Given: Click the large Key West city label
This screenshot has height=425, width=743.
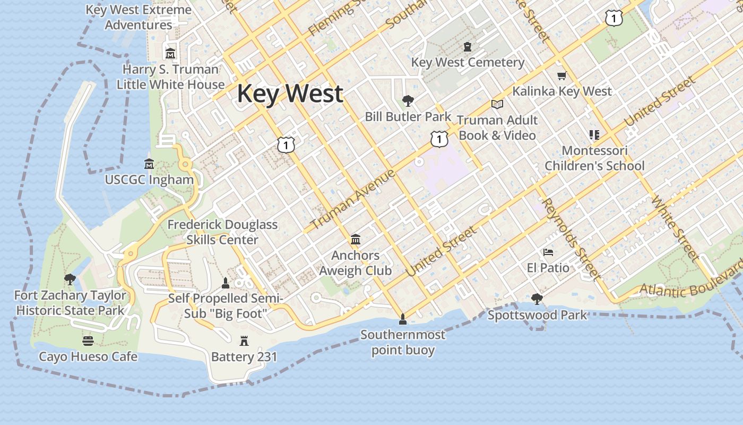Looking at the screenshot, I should tap(290, 94).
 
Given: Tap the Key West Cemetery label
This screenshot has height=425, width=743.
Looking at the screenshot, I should tap(468, 63).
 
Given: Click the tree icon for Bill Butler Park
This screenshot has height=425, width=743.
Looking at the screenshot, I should tap(408, 101).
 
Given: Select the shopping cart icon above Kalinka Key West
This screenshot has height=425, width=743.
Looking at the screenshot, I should tap(561, 76).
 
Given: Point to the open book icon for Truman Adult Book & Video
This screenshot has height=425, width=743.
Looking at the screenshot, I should tap(497, 105).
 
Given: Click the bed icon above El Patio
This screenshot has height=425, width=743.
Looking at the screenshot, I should tap(548, 252).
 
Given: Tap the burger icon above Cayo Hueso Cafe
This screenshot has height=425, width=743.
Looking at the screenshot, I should tap(88, 341).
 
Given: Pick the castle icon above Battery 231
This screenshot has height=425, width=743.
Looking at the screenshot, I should tap(244, 341).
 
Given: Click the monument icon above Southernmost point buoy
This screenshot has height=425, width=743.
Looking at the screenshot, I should tap(402, 319).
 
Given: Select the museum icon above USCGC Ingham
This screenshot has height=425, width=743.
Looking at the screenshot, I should tap(149, 164).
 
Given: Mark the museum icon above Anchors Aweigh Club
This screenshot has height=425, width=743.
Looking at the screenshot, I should tap(356, 239).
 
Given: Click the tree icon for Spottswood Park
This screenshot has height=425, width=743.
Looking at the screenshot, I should tap(537, 299).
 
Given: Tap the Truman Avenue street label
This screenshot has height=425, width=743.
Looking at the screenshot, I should tap(353, 199).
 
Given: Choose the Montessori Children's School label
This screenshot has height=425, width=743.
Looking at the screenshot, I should tap(594, 158).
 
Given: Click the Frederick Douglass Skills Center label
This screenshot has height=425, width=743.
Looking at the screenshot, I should tap(222, 232).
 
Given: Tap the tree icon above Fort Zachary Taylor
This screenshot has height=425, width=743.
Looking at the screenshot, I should tap(70, 279).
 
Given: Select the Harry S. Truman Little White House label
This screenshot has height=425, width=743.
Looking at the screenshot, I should tap(170, 77).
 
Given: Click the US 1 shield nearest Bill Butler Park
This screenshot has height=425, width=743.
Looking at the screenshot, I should tap(439, 139).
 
